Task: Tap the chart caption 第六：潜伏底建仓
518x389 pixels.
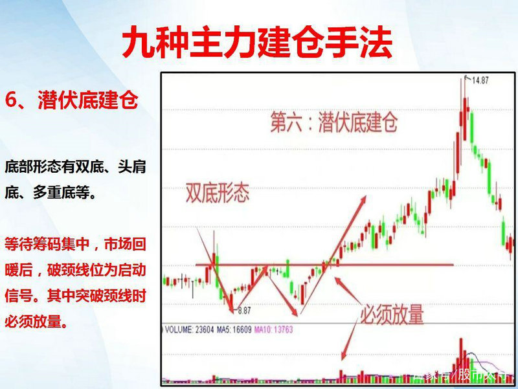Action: [333, 122]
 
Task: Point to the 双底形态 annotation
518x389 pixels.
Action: [217, 194]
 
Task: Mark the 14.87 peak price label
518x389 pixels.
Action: [479, 80]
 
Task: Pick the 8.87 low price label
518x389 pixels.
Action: [243, 311]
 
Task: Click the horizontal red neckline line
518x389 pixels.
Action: [388, 264]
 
